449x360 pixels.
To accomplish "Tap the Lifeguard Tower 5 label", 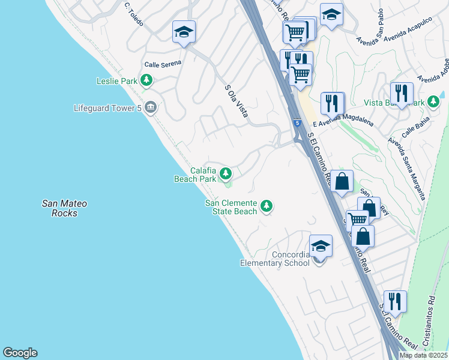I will [109, 109].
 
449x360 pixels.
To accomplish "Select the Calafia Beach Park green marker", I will [226, 174].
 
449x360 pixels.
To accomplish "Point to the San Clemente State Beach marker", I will [267, 207].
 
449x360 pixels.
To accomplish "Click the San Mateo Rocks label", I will [64, 208].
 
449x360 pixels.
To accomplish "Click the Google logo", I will [20, 353].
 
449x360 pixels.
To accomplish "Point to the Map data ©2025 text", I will [424, 355].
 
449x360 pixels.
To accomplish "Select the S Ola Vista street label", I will [236, 100].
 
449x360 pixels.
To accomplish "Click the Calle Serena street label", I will [162, 64].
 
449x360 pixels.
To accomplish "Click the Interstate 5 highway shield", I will [297, 124].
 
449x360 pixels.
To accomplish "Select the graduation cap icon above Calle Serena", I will [184, 32].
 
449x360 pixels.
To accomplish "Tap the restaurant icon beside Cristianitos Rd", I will [395, 301].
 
